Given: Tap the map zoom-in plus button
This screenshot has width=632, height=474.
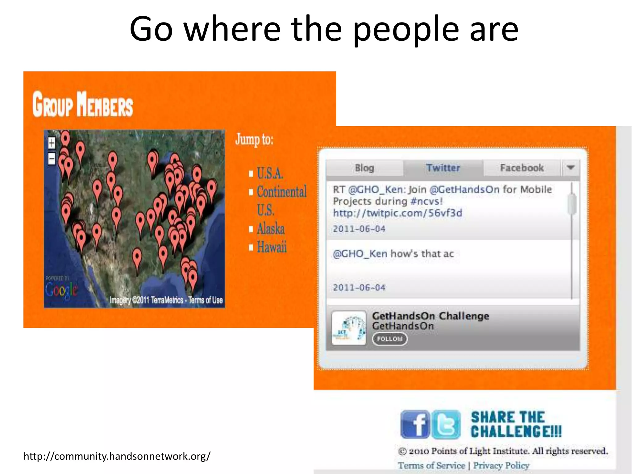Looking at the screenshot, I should pyautogui.click(x=52, y=143).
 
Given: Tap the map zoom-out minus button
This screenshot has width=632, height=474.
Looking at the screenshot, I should pyautogui.click(x=52, y=159).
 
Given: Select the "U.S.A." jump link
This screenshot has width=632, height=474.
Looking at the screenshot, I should pyautogui.click(x=270, y=173).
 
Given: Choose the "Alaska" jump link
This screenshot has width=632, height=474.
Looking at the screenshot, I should pyautogui.click(x=271, y=229).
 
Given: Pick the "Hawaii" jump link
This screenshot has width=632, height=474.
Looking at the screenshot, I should pyautogui.click(x=272, y=247).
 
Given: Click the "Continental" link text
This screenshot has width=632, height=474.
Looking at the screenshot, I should pyautogui.click(x=282, y=192).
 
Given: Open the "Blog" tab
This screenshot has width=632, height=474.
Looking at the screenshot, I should pyautogui.click(x=364, y=168).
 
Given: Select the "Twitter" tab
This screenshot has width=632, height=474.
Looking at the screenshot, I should pyautogui.click(x=443, y=168).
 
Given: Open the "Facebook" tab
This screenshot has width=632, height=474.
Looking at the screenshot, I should pyautogui.click(x=522, y=168).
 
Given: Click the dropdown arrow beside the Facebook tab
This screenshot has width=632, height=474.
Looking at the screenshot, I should pyautogui.click(x=571, y=168).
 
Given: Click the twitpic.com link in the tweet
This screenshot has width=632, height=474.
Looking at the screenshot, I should pyautogui.click(x=397, y=213).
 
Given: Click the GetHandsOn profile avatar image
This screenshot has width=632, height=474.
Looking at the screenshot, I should pyautogui.click(x=349, y=328).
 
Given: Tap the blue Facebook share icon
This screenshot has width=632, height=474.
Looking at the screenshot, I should pyautogui.click(x=415, y=424).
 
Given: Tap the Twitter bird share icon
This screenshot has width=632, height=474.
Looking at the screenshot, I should pyautogui.click(x=446, y=424).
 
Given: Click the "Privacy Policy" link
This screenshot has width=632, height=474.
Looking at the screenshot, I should pyautogui.click(x=501, y=465).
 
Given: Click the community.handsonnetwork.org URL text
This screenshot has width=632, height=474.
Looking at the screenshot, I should pyautogui.click(x=117, y=456).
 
